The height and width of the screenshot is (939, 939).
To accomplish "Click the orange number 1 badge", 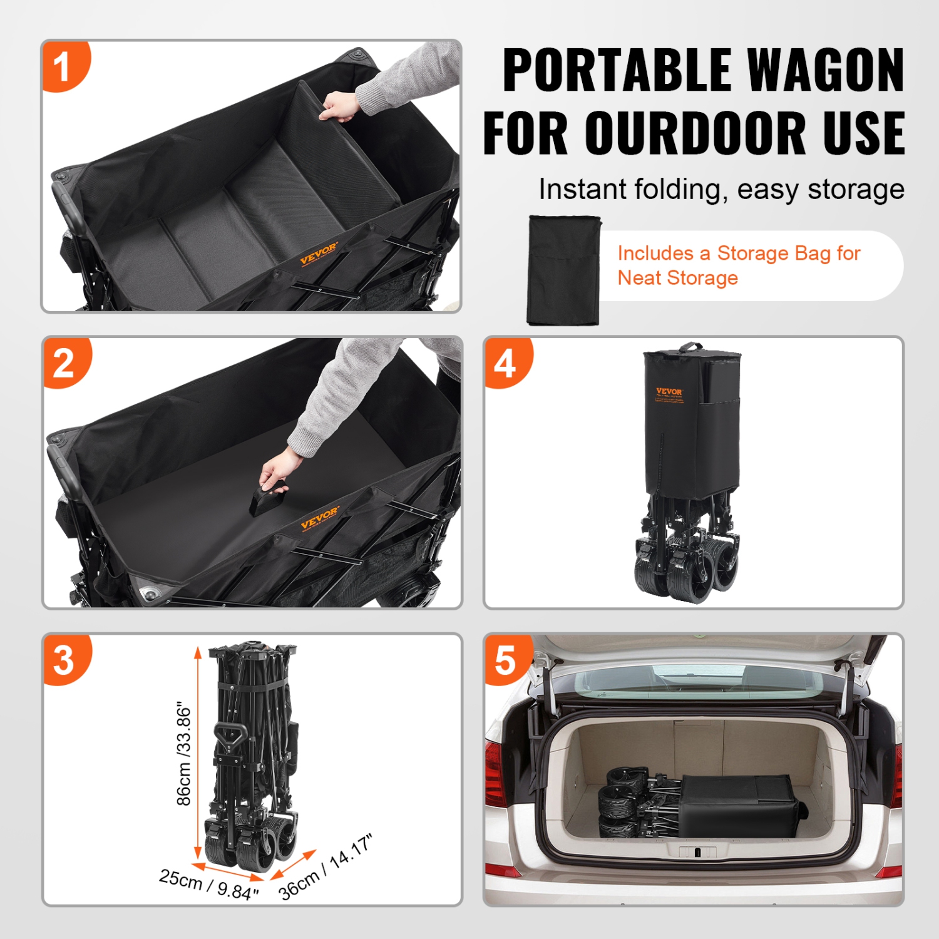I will [x=63, y=66].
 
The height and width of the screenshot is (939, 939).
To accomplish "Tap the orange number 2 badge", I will [x=64, y=363].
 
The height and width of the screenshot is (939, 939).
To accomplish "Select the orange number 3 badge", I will [x=64, y=660].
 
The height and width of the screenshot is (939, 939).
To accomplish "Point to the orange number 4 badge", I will [x=505, y=363].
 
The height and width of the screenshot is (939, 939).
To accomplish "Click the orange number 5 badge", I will [x=505, y=660].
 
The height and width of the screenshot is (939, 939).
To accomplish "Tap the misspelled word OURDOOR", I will [x=695, y=133].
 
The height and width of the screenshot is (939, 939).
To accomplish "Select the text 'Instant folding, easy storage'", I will [x=721, y=189].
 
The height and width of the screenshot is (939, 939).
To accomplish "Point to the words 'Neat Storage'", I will [x=677, y=278].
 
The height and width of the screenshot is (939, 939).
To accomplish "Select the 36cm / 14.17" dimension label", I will [x=326, y=866].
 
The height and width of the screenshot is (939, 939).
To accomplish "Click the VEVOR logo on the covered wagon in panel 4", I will [x=669, y=393].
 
